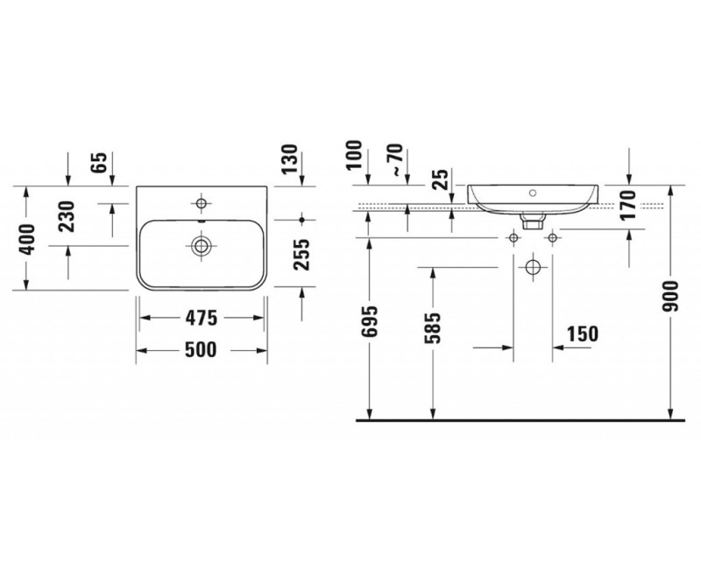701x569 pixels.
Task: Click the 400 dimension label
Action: pos(29,238)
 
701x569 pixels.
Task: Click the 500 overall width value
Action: pos(202,349)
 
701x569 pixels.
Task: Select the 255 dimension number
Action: pos(301,255)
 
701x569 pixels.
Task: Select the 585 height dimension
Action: pos(433,327)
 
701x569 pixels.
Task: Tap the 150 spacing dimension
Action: pos(581,334)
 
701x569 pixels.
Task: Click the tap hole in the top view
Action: pos(202,205)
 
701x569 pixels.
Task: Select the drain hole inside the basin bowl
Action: pos(202,246)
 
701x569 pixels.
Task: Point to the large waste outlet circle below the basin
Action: pos(532,267)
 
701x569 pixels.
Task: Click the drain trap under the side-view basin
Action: pos(529,222)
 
